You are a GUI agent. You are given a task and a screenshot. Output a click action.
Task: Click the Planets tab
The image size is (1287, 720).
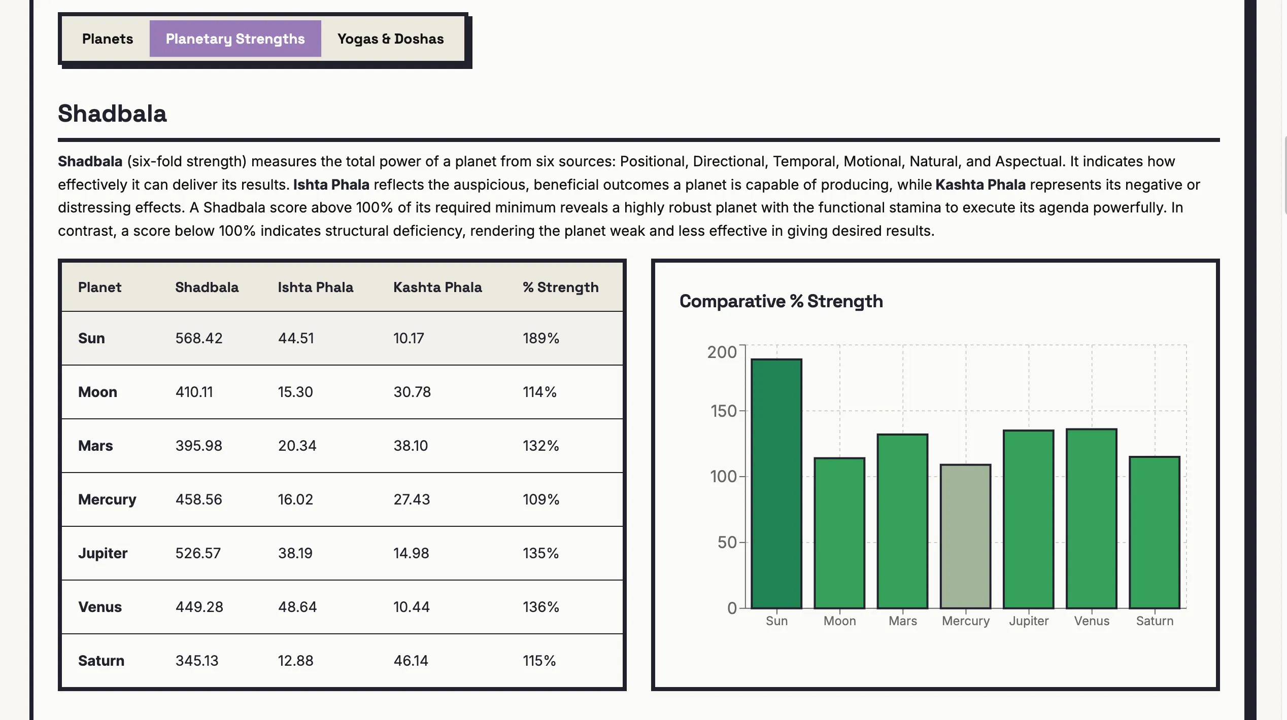point(108,39)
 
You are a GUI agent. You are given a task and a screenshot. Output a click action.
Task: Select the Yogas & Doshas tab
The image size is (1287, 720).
point(390,39)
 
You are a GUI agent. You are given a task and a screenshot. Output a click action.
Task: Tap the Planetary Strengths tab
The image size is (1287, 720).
point(235,39)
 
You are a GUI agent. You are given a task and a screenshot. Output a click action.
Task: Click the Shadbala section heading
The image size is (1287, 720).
point(112,114)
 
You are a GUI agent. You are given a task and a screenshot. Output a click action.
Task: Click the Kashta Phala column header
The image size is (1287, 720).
point(437,287)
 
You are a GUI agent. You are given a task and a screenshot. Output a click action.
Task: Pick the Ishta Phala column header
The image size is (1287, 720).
point(315,287)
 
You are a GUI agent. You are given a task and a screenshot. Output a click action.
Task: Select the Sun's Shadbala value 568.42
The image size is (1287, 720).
point(199,338)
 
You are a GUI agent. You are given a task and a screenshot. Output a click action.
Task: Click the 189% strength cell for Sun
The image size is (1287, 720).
point(541,338)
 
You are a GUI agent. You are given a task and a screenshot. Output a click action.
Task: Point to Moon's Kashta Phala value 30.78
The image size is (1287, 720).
point(412,392)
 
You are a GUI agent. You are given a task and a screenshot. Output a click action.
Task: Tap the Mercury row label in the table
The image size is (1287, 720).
point(107,499)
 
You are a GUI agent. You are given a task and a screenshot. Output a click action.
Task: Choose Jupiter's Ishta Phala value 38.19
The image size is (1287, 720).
point(295,553)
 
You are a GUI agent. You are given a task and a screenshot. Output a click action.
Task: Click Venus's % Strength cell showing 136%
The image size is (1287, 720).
point(541,607)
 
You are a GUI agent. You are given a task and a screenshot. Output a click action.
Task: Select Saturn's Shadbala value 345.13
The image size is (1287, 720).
point(197,661)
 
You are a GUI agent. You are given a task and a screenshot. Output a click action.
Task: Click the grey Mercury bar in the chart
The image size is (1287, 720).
point(966,536)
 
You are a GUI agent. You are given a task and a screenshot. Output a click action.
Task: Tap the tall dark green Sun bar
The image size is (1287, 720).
point(776,484)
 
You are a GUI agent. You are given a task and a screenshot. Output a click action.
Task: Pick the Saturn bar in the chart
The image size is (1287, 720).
point(1155,532)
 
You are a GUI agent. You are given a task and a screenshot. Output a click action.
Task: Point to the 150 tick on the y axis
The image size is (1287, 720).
point(724,411)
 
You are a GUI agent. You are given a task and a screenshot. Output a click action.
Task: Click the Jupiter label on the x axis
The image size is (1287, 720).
point(1029,621)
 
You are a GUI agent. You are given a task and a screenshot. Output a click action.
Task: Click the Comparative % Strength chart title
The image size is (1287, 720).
point(781,301)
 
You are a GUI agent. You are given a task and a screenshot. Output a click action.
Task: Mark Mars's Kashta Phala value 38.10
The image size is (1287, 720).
point(411,446)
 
